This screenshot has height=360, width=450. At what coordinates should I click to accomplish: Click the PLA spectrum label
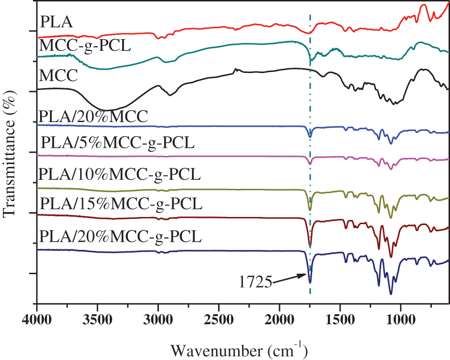[56, 21]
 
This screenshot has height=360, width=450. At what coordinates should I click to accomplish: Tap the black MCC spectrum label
[59, 76]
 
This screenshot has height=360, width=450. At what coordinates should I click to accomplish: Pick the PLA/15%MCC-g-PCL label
[121, 204]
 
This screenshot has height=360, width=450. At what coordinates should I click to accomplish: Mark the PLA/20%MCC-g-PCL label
[121, 236]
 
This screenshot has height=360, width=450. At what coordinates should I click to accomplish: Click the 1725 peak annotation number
[255, 283]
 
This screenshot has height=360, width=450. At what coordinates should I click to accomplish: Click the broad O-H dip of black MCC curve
[107, 109]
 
